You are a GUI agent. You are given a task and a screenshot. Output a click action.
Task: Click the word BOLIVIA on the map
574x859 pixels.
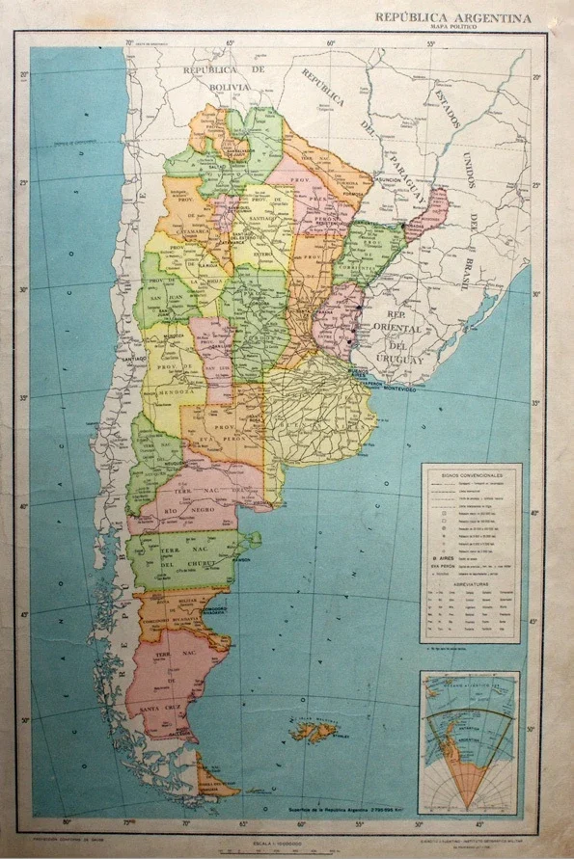[225, 86]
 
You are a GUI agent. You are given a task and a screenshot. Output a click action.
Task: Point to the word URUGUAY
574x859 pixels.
[404, 359]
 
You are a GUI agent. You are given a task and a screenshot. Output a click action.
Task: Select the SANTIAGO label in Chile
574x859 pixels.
[133, 358]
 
